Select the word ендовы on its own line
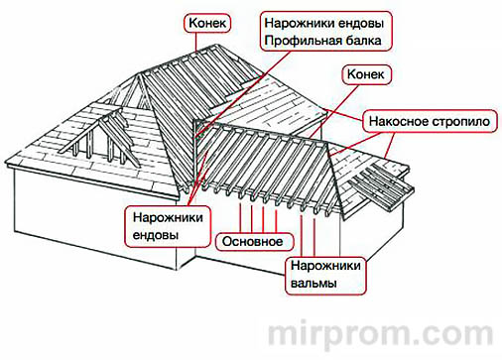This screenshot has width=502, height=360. pyautogui.click(x=156, y=236)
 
